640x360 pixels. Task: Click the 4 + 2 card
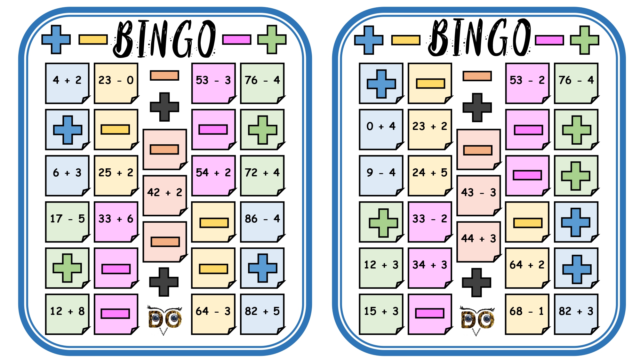coord(67,83)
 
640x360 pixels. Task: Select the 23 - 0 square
coord(116,83)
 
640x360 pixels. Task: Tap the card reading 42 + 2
coord(165,196)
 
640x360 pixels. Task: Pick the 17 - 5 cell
coord(67,222)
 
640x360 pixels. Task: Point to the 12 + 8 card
coord(67,314)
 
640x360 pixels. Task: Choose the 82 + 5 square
coord(262,314)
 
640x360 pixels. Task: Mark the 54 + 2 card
coord(213,176)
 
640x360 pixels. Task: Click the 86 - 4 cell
coord(262,222)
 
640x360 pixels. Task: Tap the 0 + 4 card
coord(381,129)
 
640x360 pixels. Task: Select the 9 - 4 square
coord(381,176)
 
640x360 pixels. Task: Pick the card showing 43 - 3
coord(479,196)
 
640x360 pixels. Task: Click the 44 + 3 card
coord(479,242)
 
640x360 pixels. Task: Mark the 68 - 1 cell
coord(527,314)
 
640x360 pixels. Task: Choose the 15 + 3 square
coord(381,314)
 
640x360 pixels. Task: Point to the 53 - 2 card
coord(527,83)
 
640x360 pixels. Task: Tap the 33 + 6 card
coord(116,222)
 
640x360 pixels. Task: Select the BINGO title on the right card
coord(480,37)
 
